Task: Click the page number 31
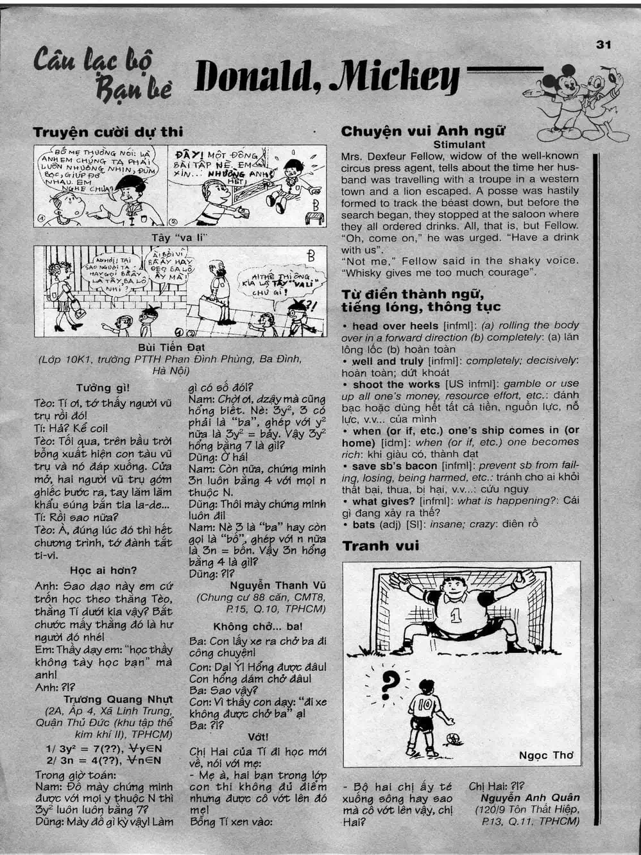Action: (603, 44)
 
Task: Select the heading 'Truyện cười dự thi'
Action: (108, 132)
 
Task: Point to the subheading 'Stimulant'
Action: (459, 144)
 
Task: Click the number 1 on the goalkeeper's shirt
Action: (456, 617)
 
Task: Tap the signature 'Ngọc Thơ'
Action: (546, 755)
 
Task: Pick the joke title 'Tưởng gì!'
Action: (103, 388)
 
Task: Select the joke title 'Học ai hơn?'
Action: (103, 570)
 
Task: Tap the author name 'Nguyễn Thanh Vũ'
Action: (278, 585)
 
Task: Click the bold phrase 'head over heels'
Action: (395, 326)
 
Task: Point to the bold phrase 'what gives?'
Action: (384, 501)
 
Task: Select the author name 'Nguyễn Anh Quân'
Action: (529, 798)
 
